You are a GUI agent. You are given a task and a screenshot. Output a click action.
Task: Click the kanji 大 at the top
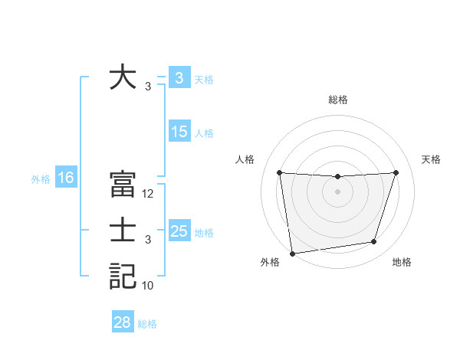(123, 78)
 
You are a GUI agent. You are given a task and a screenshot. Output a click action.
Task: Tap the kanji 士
(123, 231)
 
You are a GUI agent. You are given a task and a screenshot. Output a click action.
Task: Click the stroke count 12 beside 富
(148, 194)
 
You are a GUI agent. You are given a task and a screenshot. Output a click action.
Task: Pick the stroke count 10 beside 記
(148, 286)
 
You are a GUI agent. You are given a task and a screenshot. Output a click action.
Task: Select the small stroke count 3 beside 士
(148, 240)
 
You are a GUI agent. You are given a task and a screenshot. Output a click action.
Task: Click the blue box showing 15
(179, 132)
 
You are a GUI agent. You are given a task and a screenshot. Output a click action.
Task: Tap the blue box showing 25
(179, 231)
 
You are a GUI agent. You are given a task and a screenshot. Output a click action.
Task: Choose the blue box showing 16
(65, 178)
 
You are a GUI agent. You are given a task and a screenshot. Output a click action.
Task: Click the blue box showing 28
(123, 322)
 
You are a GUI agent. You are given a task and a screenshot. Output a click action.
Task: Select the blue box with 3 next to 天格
(179, 78)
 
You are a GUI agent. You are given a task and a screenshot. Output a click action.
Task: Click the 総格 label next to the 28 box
(147, 324)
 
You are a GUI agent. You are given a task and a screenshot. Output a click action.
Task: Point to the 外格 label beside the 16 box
(41, 179)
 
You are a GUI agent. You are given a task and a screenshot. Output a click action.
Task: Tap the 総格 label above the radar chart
(338, 100)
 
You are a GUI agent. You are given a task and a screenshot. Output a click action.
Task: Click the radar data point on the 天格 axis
(396, 172)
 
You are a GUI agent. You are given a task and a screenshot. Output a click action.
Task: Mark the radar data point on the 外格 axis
(292, 253)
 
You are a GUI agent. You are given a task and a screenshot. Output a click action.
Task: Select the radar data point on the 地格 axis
(374, 242)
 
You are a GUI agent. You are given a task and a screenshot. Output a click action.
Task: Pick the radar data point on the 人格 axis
(280, 172)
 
